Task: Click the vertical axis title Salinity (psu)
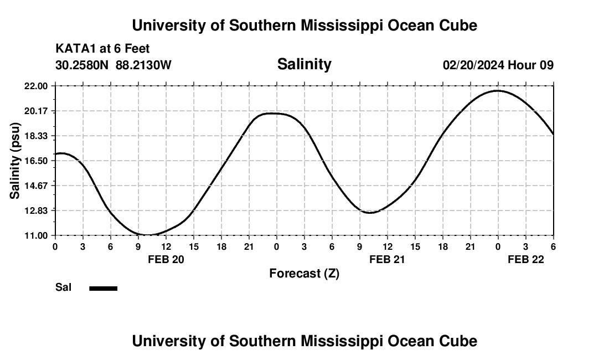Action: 15,161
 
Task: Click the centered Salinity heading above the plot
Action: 304,64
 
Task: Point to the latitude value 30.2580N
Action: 82,65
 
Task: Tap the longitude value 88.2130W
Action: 144,65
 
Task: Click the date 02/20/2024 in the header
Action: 473,65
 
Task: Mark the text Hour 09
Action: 531,65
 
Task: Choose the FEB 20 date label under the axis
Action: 166,259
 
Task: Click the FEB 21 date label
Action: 388,259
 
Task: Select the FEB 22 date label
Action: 526,259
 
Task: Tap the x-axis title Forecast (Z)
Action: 304,274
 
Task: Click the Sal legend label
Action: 64,287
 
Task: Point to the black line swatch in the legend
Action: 104,288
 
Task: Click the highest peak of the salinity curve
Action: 498,90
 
